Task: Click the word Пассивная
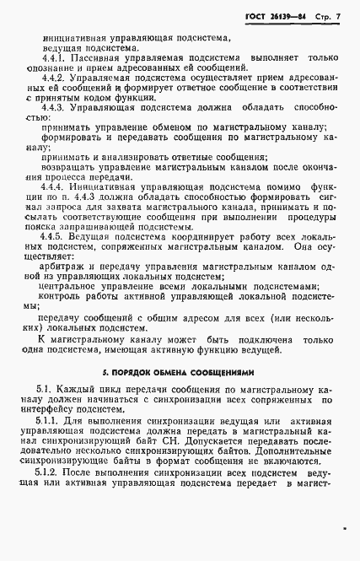click(x=99, y=65)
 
